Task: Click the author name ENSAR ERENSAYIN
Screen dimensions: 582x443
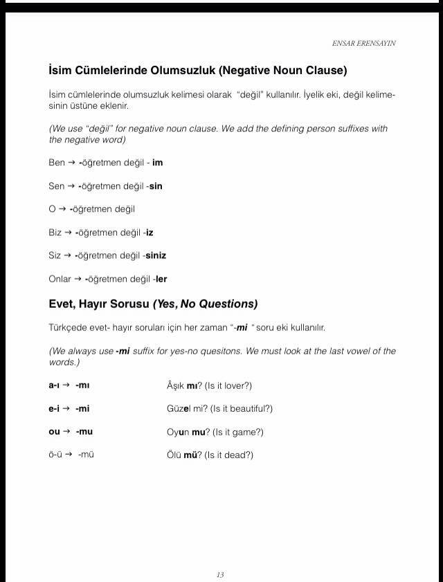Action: pos(364,43)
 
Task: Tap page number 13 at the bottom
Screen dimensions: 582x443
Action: pos(220,574)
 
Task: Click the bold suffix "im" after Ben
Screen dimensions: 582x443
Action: pos(158,163)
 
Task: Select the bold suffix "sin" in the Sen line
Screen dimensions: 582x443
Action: pos(156,186)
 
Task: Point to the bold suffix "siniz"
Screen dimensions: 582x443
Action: pos(156,255)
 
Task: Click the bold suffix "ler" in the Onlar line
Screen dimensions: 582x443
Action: pos(161,279)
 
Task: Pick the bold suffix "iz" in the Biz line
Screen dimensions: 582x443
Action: pos(150,233)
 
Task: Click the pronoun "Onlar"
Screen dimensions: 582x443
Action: pos(60,279)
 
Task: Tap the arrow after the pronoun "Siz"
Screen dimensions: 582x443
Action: pos(68,255)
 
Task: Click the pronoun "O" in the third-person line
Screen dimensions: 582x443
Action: pos(52,209)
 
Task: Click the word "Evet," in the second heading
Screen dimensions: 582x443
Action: pos(62,304)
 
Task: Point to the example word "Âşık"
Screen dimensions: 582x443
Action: pos(176,385)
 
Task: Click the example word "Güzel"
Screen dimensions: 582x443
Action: pos(178,408)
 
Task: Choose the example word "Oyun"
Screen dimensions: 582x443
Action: pos(178,432)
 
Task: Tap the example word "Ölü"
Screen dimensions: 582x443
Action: pos(174,455)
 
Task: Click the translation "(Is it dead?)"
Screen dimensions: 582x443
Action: pos(228,455)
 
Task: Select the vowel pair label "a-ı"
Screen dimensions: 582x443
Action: pos(54,385)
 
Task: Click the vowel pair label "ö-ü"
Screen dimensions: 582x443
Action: pos(55,455)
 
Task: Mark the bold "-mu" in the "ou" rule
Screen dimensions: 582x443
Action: pos(84,432)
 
